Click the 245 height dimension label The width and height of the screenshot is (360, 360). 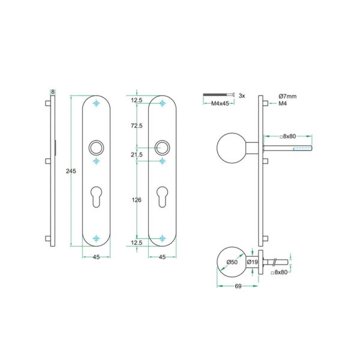71,171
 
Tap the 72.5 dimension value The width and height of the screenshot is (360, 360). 136,125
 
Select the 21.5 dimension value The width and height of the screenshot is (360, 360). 136,155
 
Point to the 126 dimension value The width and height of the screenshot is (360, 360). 136,200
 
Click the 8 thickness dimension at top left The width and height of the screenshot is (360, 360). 53,92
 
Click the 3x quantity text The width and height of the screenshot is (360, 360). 242,95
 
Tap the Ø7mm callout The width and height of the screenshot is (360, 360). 289,96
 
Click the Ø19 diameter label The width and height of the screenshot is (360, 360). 253,262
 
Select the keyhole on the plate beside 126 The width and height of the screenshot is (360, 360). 162,197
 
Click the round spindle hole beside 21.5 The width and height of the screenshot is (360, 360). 162,147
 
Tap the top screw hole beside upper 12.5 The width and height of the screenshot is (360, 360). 162,104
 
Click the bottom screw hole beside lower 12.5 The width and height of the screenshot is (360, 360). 162,239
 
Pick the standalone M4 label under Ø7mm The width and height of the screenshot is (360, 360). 283,104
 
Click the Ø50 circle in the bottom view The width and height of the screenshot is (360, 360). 230,262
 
